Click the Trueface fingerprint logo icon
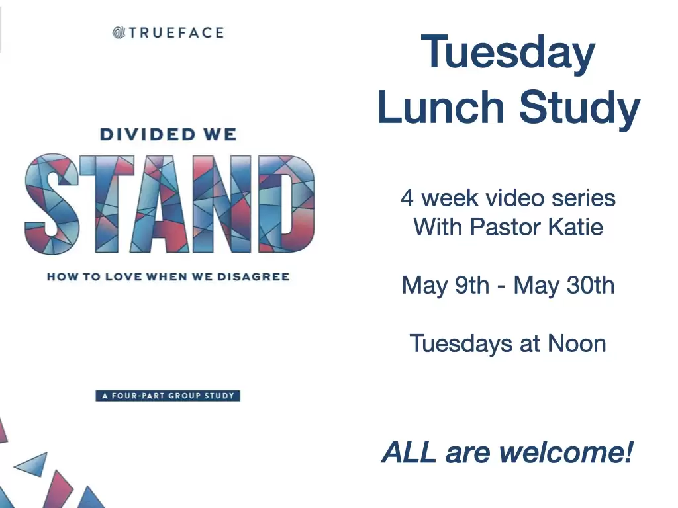(x=119, y=32)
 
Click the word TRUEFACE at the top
(x=176, y=33)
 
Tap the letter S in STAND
(x=52, y=204)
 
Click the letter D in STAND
(x=286, y=204)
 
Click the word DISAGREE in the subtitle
(x=253, y=276)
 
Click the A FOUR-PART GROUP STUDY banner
(x=168, y=396)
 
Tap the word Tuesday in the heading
(x=508, y=53)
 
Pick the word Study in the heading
(x=579, y=108)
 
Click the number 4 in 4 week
(x=407, y=198)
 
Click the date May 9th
(x=446, y=286)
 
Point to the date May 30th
(x=564, y=286)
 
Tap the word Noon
(x=577, y=344)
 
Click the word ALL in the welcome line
(x=409, y=452)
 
